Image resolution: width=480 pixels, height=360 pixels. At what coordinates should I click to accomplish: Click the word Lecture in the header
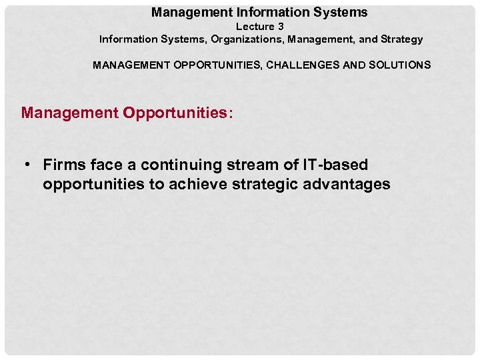click(x=255, y=27)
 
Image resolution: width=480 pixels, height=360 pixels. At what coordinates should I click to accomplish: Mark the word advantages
click(x=347, y=185)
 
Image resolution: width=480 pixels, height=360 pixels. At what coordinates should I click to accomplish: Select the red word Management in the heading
click(x=69, y=113)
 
